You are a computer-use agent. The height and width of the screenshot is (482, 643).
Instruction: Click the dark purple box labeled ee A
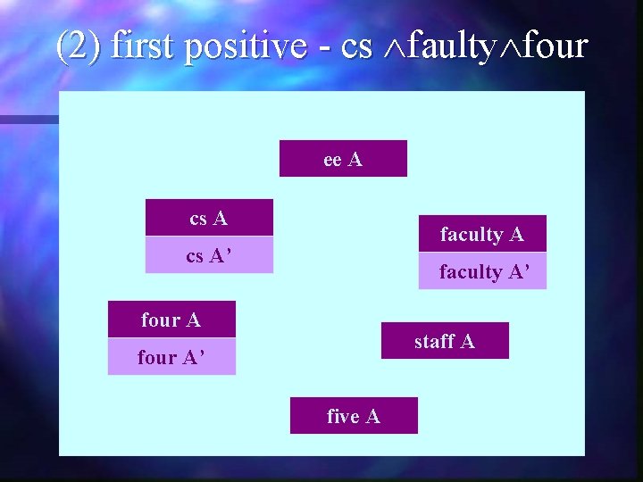click(343, 159)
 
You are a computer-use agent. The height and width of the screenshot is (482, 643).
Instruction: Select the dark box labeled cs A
click(209, 217)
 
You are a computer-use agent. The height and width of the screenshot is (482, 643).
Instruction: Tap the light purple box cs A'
click(209, 255)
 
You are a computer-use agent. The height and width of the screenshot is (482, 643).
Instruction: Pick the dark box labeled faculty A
click(482, 234)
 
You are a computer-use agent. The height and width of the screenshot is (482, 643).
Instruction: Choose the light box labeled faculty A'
click(482, 271)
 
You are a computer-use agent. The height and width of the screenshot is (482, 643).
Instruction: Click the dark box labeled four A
click(171, 319)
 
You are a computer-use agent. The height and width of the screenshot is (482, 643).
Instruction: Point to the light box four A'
click(171, 357)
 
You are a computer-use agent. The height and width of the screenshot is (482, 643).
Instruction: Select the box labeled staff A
click(445, 341)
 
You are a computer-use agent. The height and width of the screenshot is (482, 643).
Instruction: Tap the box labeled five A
click(354, 416)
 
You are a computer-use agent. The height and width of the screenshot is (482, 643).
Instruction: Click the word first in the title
click(144, 46)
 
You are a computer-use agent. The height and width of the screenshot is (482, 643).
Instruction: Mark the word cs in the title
click(356, 46)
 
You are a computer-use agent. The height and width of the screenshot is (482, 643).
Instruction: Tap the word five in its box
click(343, 416)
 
